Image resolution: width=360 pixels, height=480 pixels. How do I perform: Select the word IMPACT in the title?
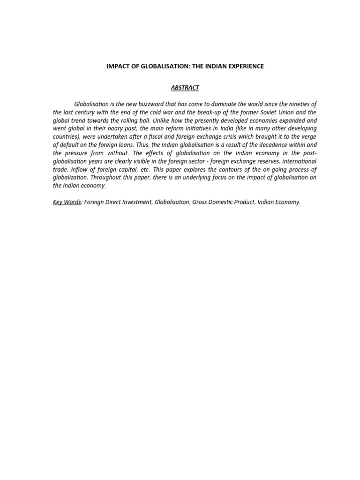coord(118,66)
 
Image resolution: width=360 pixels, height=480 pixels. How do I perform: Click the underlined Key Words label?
coord(67,202)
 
